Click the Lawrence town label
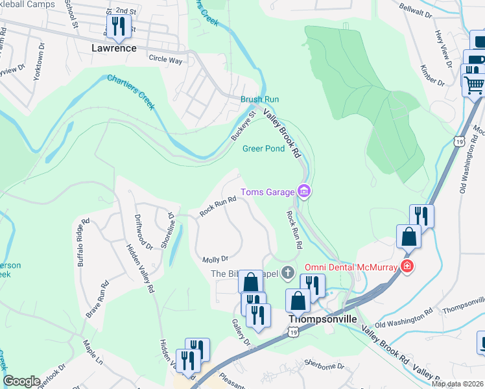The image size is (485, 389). [114, 48]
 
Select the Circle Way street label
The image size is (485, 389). [165, 58]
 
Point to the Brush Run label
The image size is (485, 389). [259, 99]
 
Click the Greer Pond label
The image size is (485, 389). [263, 148]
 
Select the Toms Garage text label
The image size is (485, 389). [266, 191]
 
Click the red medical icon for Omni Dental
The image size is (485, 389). [407, 266]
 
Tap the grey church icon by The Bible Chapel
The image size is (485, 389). [290, 274]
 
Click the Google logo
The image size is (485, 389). [22, 381]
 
